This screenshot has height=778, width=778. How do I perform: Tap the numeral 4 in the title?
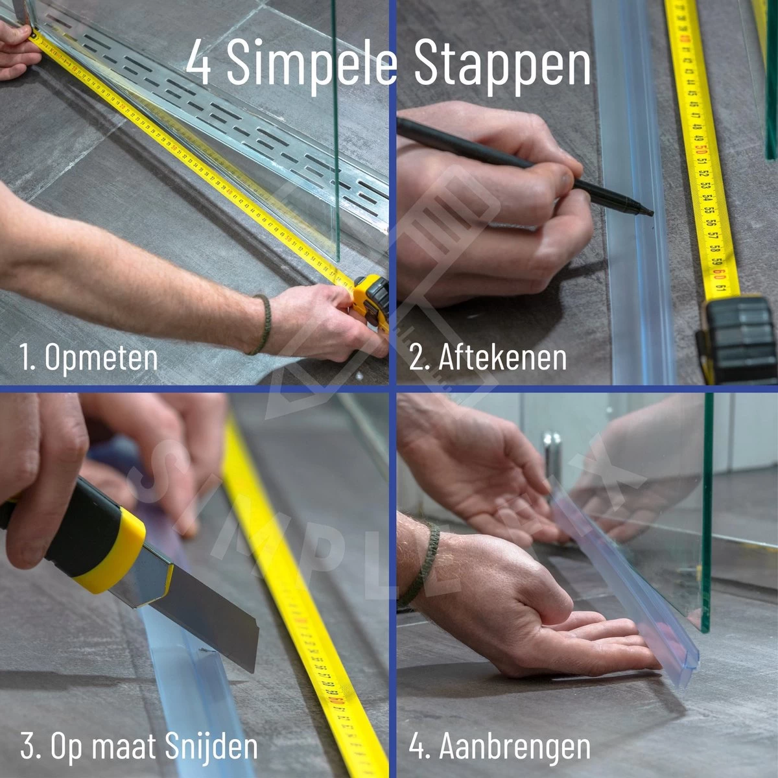(199, 64)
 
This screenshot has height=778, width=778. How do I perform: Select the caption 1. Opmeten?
(89, 358)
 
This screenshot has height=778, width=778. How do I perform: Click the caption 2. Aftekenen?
(488, 358)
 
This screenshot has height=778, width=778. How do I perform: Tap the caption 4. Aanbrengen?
(499, 747)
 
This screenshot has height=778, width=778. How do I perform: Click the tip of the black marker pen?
(648, 212)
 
